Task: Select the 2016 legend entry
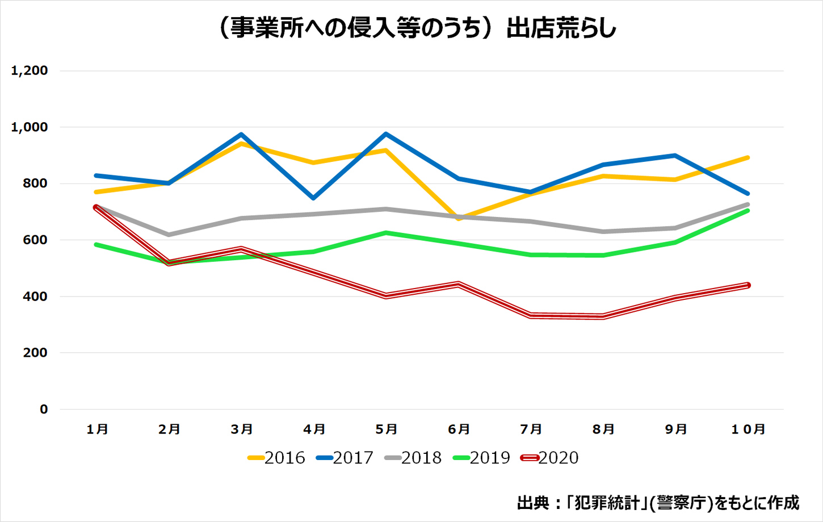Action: coord(276,458)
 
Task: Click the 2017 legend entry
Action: coord(345,458)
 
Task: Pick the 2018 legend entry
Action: coord(413,458)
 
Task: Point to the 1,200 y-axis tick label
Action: coord(30,71)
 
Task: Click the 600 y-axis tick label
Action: coord(35,240)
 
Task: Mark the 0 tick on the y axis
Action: coord(44,410)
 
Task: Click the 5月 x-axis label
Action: coord(387,429)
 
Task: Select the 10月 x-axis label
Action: coord(748,429)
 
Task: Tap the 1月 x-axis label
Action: coord(98,429)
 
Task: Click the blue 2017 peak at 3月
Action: coord(242,135)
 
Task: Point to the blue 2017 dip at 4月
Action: coord(314,198)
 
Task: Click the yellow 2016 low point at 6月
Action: coord(459,219)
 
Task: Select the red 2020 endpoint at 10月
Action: coord(748,285)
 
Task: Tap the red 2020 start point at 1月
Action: coord(96,207)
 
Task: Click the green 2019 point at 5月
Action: coord(387,233)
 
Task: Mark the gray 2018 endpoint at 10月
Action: coord(748,204)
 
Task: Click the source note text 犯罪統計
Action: coord(608,503)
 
